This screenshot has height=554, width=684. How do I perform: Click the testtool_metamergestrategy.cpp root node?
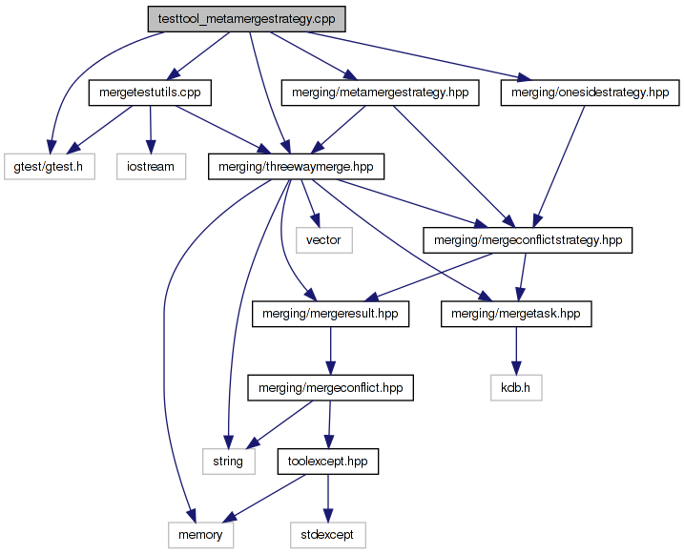(245, 19)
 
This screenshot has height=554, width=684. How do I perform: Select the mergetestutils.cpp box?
(150, 92)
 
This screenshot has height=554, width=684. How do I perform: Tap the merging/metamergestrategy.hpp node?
(379, 92)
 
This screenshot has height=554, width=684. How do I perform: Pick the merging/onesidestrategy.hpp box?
(589, 92)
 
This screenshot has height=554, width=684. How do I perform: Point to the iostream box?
(150, 167)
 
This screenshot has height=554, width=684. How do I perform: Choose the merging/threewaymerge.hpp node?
(296, 167)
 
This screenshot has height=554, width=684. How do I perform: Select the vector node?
(324, 240)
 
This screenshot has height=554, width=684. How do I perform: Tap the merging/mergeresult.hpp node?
(330, 314)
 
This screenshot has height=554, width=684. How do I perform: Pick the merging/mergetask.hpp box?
(516, 314)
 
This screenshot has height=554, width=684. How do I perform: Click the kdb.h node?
(516, 388)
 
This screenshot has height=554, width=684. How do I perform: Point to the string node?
(228, 462)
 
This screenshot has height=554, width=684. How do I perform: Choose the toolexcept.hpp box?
(327, 462)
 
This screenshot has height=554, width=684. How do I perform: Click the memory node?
(200, 535)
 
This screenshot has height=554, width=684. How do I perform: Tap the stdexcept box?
(327, 535)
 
